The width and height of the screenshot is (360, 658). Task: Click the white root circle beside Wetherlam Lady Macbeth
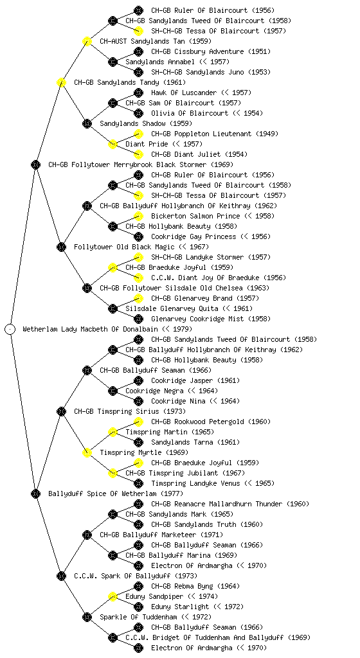point(10,329)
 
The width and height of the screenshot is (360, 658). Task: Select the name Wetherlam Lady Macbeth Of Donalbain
point(90,329)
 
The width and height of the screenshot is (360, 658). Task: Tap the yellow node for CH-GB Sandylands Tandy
point(61,82)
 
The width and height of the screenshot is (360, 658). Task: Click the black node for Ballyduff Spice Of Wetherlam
point(35,493)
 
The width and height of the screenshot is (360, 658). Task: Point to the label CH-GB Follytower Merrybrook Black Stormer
point(127,164)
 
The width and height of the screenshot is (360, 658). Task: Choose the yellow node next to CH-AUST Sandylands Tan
point(87,41)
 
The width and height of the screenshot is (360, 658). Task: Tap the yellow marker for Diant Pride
point(113,144)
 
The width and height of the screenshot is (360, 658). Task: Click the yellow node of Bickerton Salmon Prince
point(138,216)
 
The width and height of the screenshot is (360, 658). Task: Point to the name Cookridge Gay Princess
point(194,236)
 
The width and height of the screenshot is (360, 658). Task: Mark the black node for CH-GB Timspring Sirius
point(61,411)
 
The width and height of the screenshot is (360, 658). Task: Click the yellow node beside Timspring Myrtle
point(87,452)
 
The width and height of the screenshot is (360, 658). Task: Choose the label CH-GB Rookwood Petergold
point(197,422)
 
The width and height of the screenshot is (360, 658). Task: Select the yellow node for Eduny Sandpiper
point(113,596)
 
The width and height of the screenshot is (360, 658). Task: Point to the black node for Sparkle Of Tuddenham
point(87,617)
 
